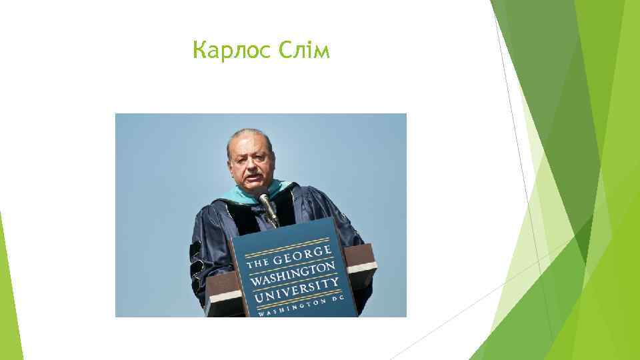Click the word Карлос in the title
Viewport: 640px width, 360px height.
tap(229, 51)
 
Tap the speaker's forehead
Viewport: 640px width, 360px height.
tap(247, 140)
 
